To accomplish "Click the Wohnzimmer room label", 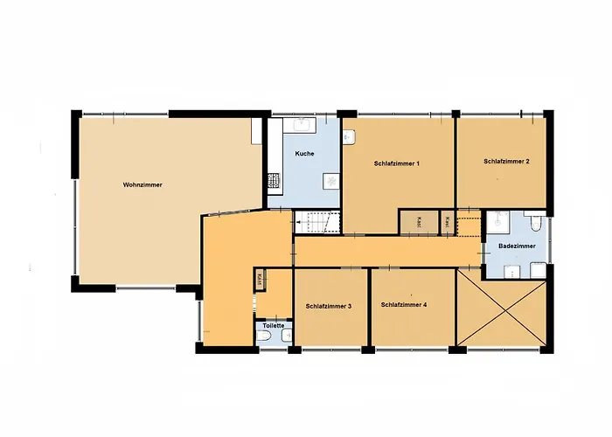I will pyautogui.click(x=143, y=185).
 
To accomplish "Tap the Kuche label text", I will pyautogui.click(x=304, y=154).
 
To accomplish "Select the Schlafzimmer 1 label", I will pyautogui.click(x=397, y=163).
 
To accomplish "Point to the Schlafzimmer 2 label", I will pyautogui.click(x=506, y=162).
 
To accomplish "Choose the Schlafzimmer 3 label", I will pyautogui.click(x=329, y=306).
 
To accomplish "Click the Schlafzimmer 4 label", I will pyautogui.click(x=404, y=304).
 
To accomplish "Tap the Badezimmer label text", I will pyautogui.click(x=517, y=247).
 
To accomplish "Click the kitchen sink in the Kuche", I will pyautogui.click(x=303, y=125).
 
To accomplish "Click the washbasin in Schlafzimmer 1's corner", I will pyautogui.click(x=348, y=136).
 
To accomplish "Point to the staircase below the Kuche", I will pyautogui.click(x=312, y=223).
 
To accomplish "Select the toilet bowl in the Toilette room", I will pyautogui.click(x=265, y=336).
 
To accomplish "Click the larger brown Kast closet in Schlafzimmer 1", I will pyautogui.click(x=413, y=222).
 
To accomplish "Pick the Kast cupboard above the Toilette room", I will pyautogui.click(x=260, y=281).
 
